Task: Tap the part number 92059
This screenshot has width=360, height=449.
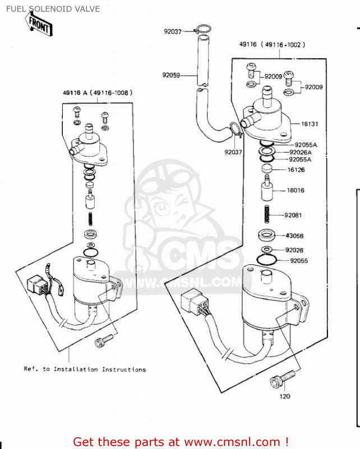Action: coord(172,75)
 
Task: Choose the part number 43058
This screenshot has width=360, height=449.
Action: coord(294,236)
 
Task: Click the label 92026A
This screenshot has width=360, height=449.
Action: coord(300,152)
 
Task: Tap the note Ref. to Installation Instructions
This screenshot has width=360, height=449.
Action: coord(85,369)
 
